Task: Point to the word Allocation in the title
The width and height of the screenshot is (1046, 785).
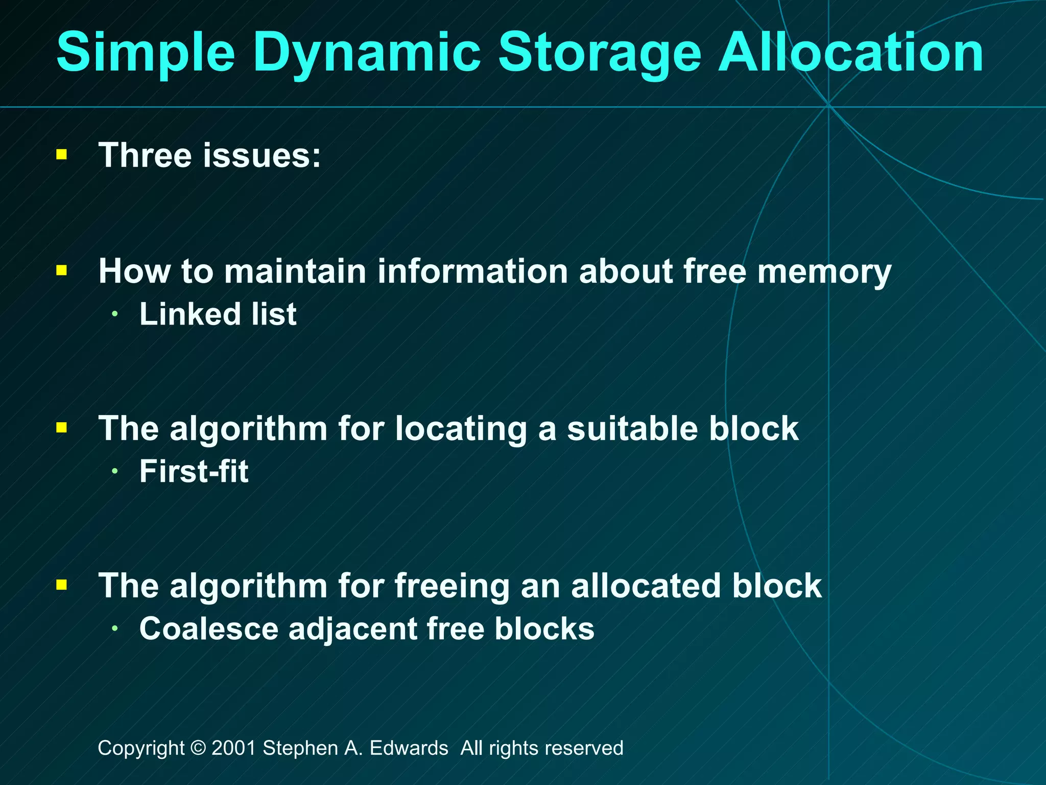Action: (x=850, y=52)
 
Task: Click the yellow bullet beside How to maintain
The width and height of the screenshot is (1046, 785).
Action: (x=62, y=270)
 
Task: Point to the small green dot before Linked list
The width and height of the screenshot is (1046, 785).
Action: (x=115, y=314)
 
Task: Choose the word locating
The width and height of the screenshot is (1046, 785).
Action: (x=461, y=428)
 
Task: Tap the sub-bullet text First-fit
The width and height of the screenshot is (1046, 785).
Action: (x=194, y=471)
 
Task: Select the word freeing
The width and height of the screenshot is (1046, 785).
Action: (x=451, y=586)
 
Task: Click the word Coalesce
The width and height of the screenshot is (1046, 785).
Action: (x=208, y=628)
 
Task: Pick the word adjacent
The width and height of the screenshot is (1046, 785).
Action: (x=353, y=629)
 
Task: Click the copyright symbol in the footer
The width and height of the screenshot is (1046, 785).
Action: (x=198, y=748)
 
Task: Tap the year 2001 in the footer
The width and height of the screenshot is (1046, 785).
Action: (x=233, y=748)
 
